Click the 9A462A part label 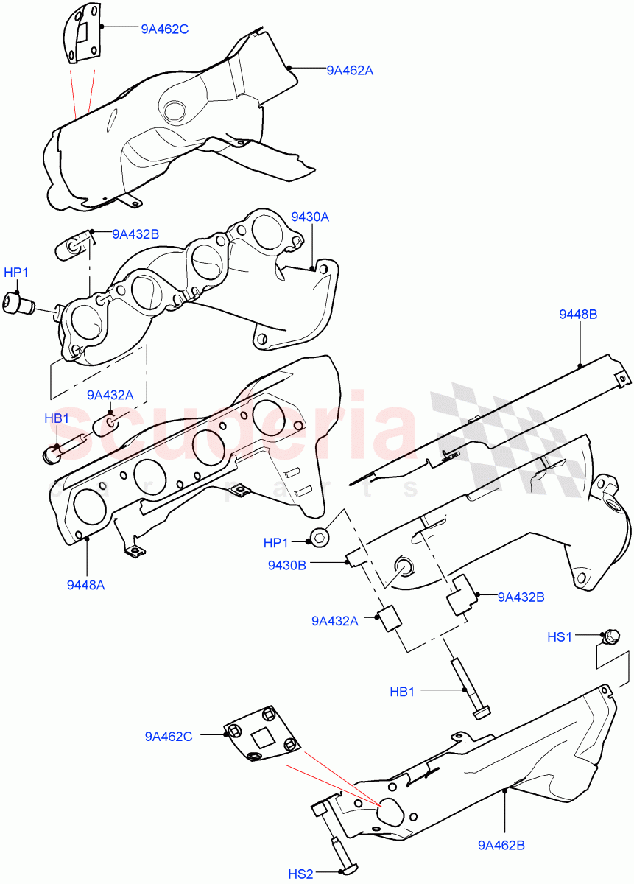(350, 71)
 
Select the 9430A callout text (310, 217)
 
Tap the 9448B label (578, 315)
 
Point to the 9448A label (85, 585)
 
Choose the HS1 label (560, 636)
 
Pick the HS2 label (300, 874)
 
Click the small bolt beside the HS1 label (610, 636)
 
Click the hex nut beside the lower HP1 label (320, 538)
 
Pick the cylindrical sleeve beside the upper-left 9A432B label (72, 243)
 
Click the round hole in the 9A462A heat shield (175, 111)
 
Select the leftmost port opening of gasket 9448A (89, 508)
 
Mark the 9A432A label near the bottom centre (334, 621)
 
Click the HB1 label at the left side (57, 419)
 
